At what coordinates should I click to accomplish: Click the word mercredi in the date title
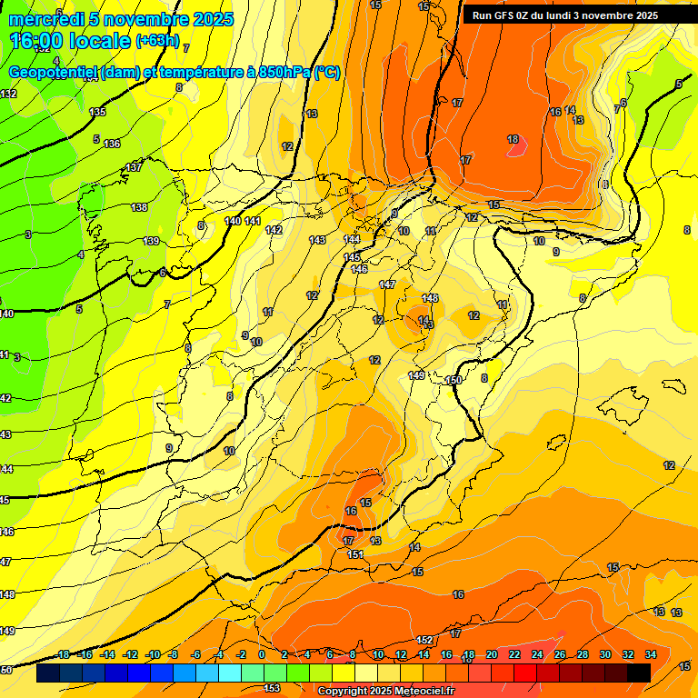(43, 19)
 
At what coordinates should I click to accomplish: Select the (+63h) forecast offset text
(157, 41)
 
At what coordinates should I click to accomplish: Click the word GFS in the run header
(508, 15)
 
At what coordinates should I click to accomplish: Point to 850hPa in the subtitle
(279, 73)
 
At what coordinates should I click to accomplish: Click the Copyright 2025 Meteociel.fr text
(386, 692)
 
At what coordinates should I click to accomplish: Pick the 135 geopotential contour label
(98, 112)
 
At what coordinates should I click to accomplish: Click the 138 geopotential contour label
(139, 207)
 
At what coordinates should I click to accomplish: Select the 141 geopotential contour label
(253, 221)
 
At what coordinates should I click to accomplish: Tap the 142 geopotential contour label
(274, 230)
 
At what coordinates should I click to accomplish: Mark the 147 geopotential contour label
(387, 284)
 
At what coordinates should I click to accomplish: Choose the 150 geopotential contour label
(455, 379)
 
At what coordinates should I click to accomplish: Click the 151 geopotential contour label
(355, 554)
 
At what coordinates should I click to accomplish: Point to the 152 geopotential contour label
(424, 640)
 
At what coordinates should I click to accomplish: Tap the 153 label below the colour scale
(272, 688)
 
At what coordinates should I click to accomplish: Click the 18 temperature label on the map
(513, 139)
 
